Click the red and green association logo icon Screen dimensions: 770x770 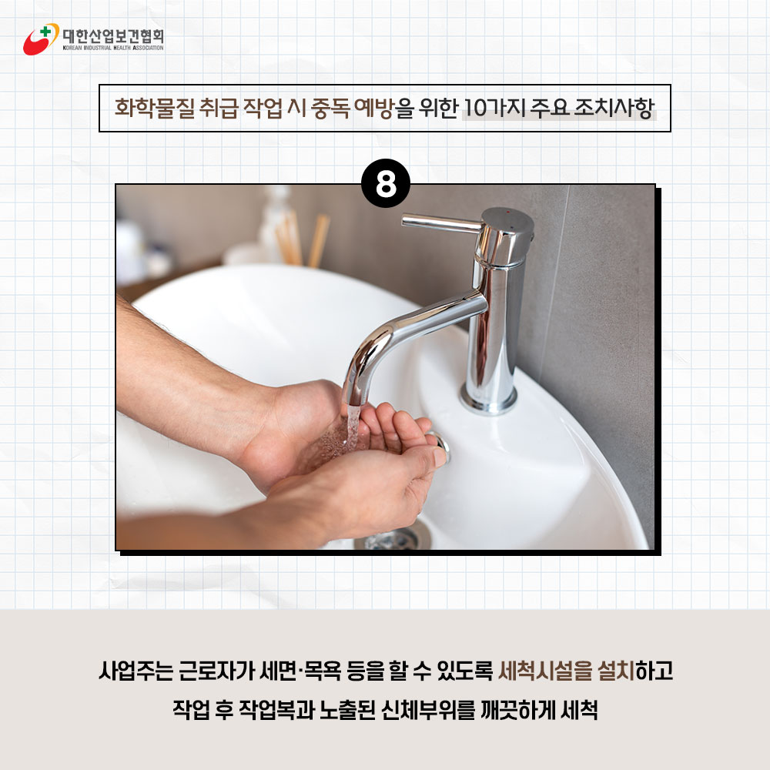coord(41,38)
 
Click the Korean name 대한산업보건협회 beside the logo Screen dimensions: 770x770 coord(113,35)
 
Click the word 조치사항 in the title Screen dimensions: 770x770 coord(614,108)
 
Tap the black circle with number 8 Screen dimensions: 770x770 coord(386,183)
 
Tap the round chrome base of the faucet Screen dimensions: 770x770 coord(489,399)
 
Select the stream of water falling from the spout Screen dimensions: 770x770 coord(352,428)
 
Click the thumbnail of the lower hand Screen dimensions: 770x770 coord(440,457)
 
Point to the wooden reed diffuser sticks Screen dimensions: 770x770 coord(302,239)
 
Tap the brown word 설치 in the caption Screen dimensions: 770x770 coord(617,671)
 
